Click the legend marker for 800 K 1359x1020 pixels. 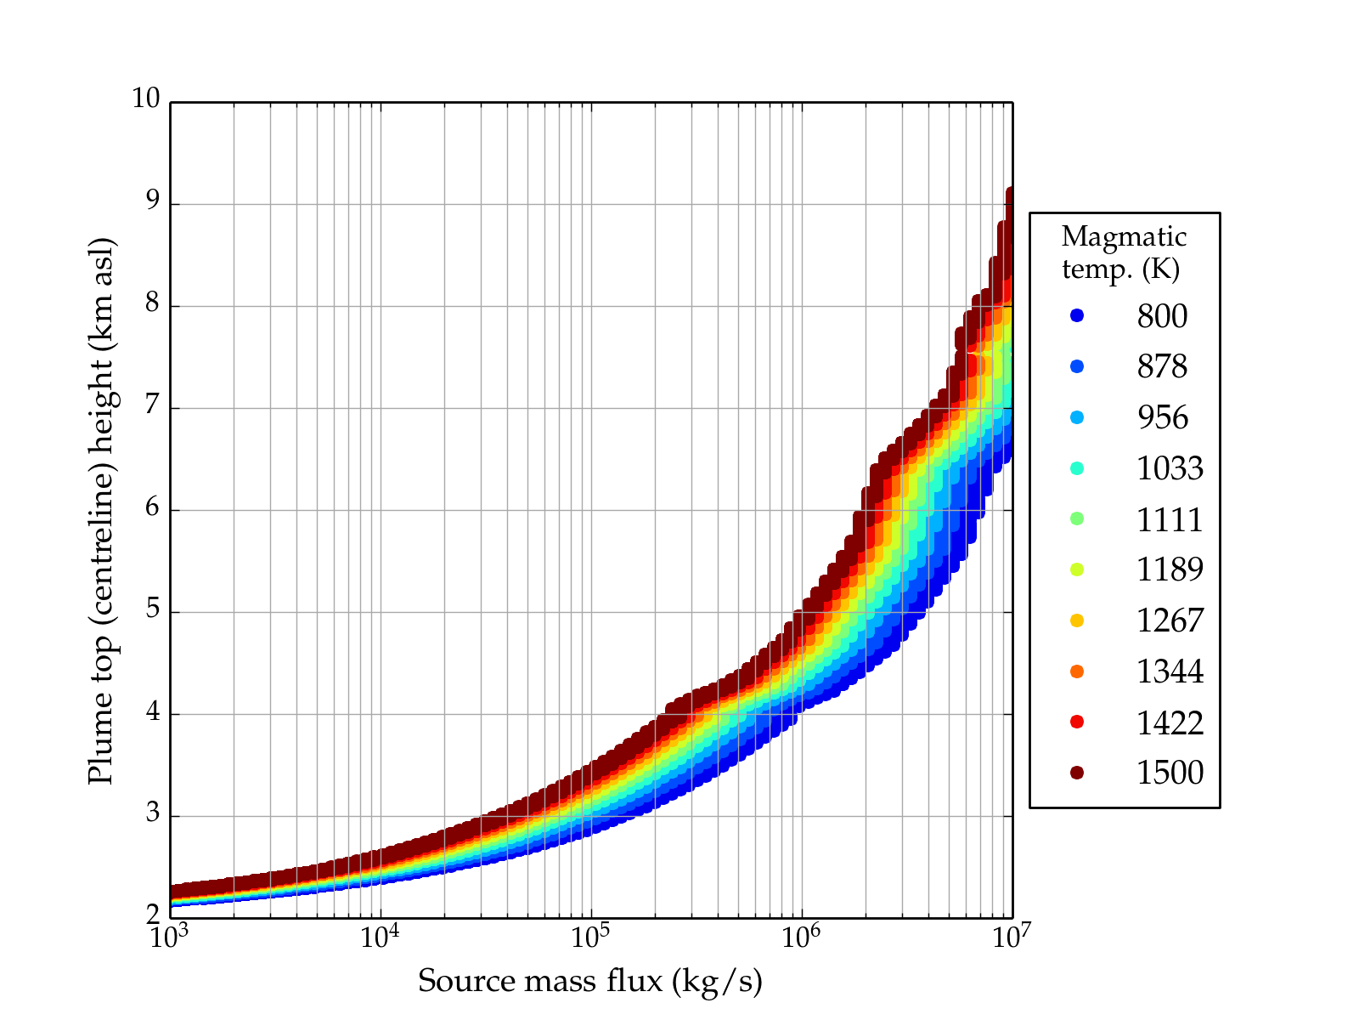(1077, 316)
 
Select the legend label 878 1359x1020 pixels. (1162, 367)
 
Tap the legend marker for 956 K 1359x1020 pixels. (1077, 417)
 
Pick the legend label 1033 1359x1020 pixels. (1170, 468)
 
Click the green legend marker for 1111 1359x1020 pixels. (1077, 518)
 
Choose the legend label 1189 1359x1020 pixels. (1170, 569)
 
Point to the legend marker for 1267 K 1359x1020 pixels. (1077, 620)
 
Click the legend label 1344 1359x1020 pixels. (1170, 671)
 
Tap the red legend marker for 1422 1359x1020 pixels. (1077, 722)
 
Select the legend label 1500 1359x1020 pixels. (1170, 773)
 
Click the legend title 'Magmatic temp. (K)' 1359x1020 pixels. (1124, 252)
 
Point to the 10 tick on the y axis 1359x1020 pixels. (145, 99)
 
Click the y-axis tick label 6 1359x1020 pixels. (152, 507)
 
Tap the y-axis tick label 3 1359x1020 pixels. (152, 813)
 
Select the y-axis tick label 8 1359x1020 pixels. (152, 303)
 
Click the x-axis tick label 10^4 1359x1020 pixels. (380, 938)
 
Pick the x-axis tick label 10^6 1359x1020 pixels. (801, 938)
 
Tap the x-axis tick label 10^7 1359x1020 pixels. (1012, 938)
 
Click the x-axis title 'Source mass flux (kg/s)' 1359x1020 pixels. (590, 982)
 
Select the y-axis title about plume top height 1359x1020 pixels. (101, 510)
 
